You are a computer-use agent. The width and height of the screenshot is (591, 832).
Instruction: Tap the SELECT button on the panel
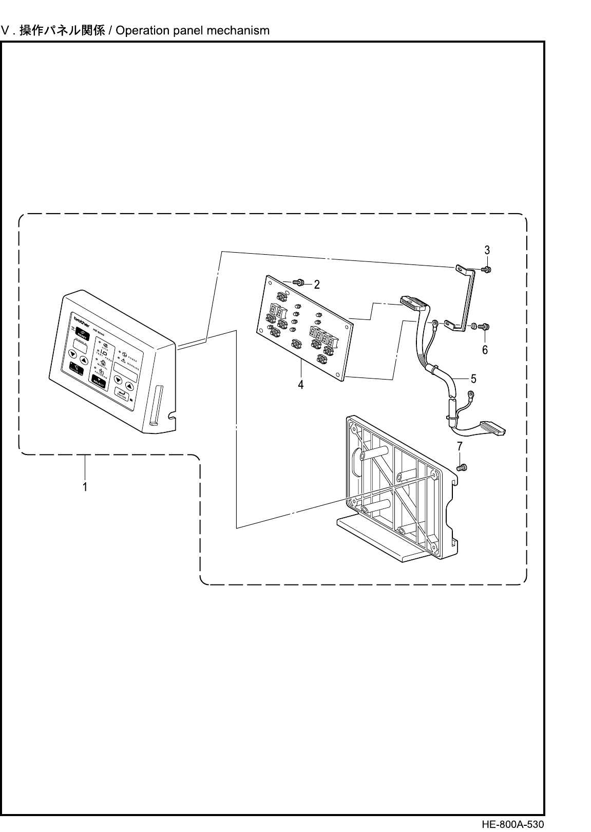pyautogui.click(x=99, y=381)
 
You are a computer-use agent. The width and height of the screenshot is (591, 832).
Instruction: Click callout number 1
pyautogui.click(x=85, y=486)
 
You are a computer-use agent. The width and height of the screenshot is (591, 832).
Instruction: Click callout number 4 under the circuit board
pyautogui.click(x=301, y=384)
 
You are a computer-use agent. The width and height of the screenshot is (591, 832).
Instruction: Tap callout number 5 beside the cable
pyautogui.click(x=473, y=379)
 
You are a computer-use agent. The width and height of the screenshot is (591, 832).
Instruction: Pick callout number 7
pyautogui.click(x=460, y=446)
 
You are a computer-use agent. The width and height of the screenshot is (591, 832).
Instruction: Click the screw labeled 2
pyautogui.click(x=298, y=282)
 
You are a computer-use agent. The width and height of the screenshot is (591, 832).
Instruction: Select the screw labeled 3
pyautogui.click(x=487, y=269)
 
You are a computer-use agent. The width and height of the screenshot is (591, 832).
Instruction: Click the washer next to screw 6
pyautogui.click(x=473, y=326)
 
